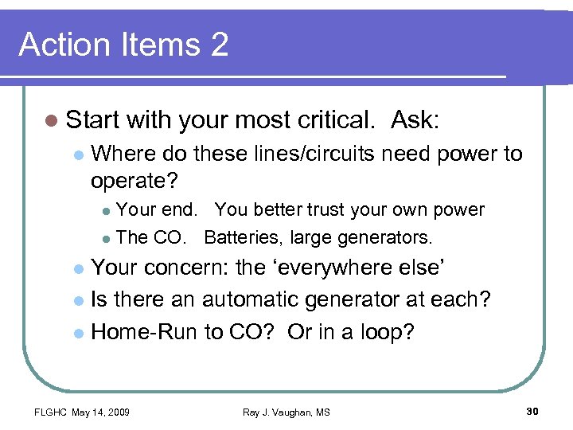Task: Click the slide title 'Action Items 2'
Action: (123, 45)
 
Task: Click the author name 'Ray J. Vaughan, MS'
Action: (286, 412)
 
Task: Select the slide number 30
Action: (532, 411)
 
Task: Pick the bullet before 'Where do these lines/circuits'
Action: (77, 154)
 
